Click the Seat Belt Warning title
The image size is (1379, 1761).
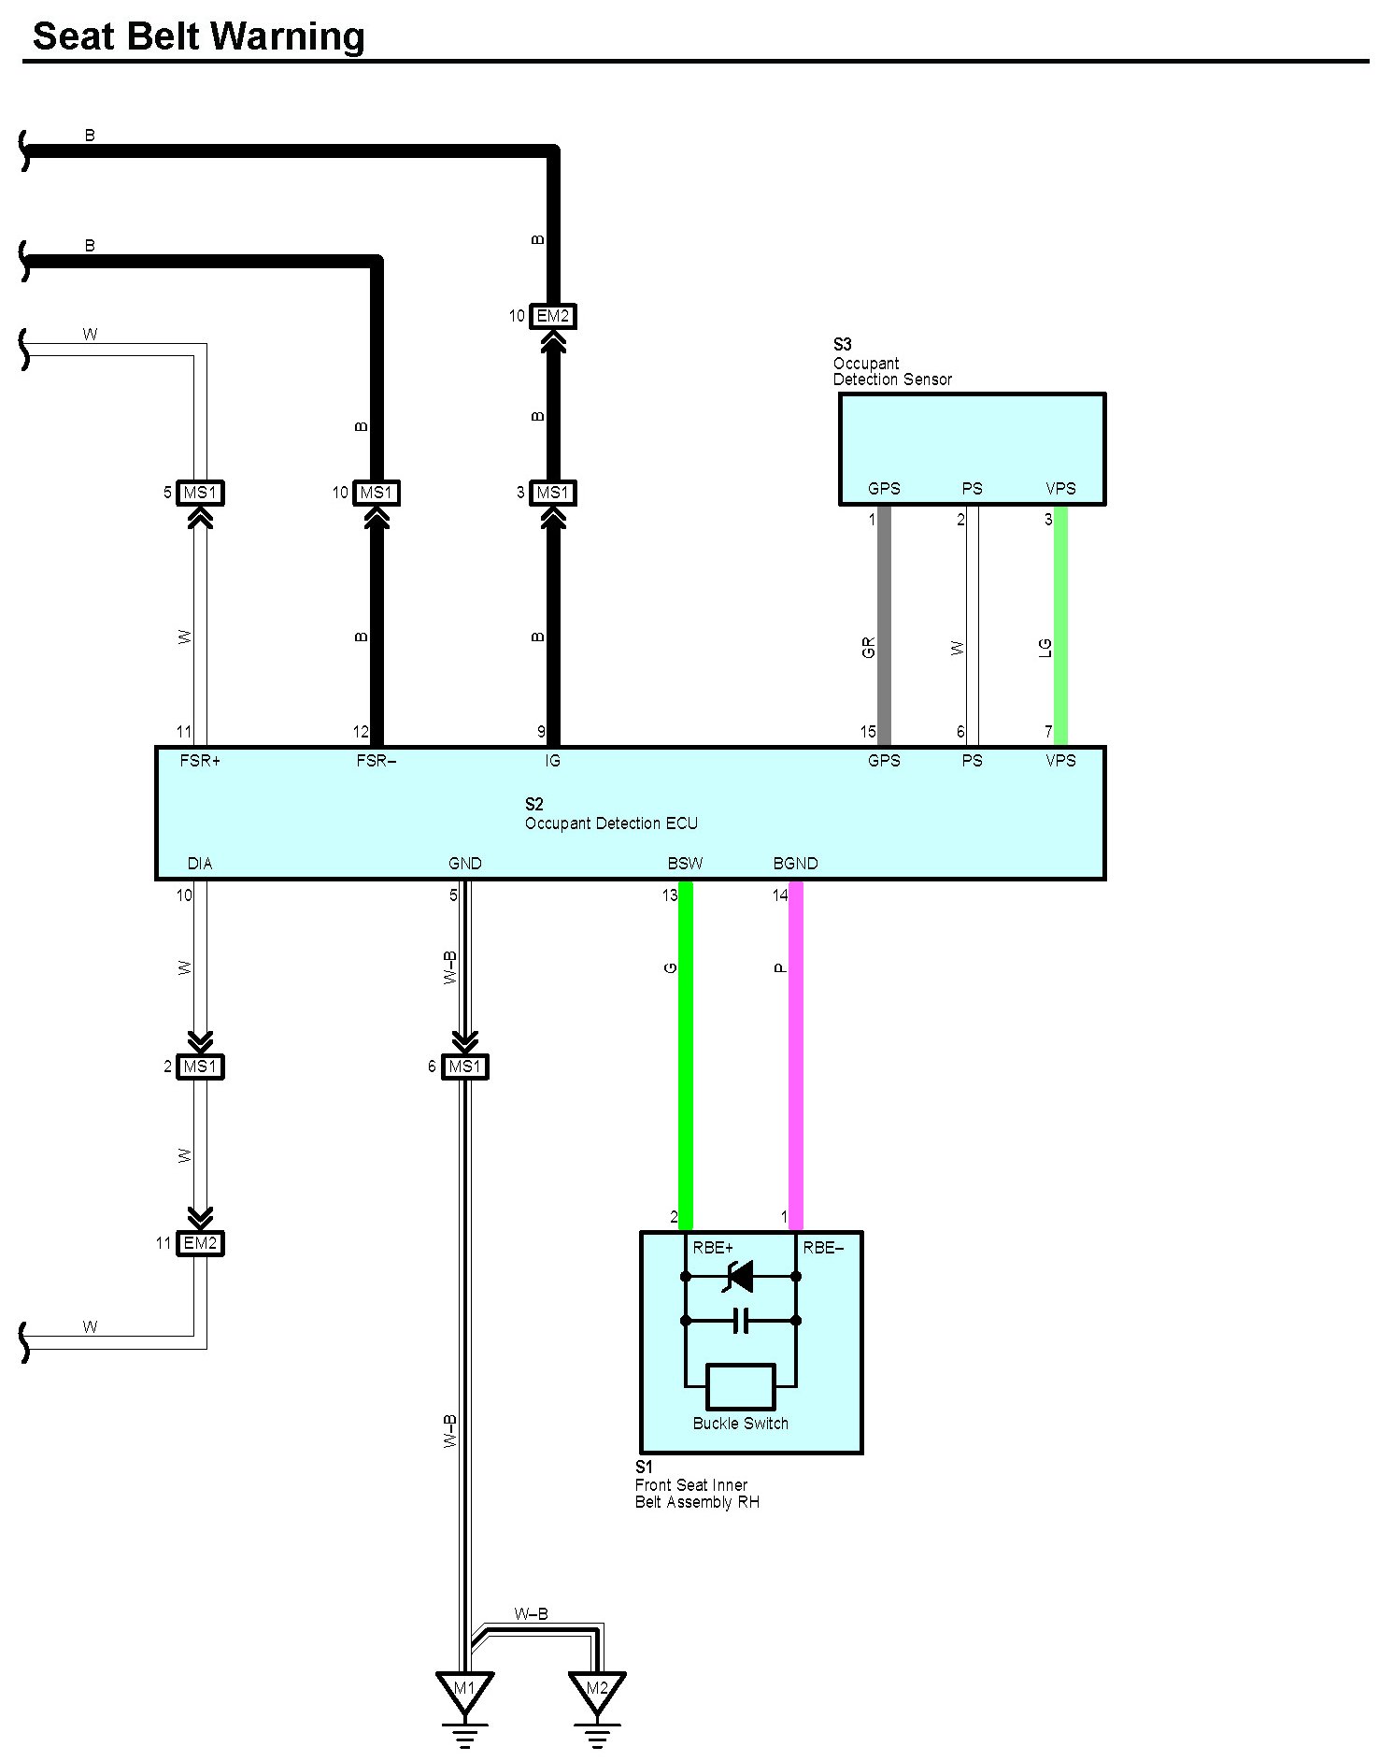pos(198,36)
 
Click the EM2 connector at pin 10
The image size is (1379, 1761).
pos(552,317)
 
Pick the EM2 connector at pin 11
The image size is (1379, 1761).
pos(200,1243)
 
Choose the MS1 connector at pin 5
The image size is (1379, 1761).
pos(200,493)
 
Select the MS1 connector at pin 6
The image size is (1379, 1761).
pos(464,1067)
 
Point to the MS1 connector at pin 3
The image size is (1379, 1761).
pos(552,493)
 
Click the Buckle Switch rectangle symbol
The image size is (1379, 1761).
pos(741,1386)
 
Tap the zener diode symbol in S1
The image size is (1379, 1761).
pos(740,1276)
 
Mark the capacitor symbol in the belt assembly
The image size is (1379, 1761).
pos(741,1321)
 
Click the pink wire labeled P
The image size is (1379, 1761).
pos(796,1056)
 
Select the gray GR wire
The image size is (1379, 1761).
pos(884,626)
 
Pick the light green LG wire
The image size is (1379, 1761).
pos(1060,626)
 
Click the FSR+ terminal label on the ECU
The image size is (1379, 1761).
pos(200,761)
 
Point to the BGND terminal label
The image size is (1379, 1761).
pos(795,864)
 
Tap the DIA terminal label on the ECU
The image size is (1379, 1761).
pos(200,864)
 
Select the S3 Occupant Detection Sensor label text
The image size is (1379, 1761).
pos(891,364)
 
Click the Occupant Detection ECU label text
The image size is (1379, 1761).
pos(611,823)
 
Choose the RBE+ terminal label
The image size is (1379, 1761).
pos(713,1248)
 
